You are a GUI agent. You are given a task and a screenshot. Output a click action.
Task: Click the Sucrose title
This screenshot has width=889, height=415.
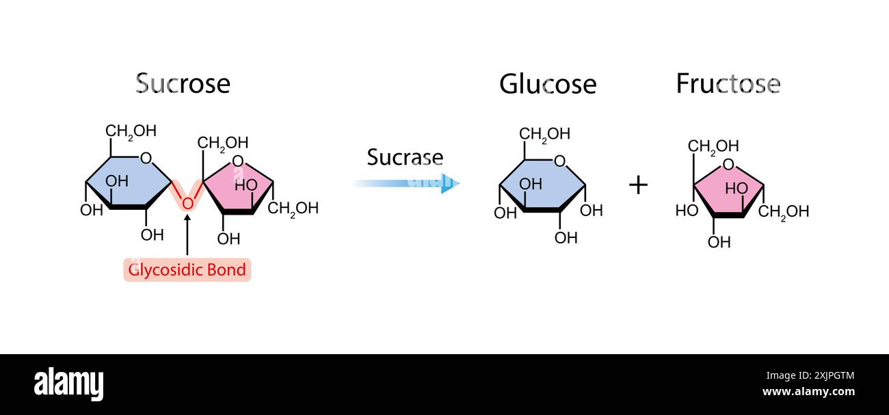click(183, 83)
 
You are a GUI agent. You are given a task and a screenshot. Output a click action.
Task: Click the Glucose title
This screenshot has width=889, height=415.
click(547, 84)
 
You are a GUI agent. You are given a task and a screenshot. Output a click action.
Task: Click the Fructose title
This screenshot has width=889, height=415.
click(728, 83)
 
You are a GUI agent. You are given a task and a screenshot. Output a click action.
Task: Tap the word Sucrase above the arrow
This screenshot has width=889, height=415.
click(405, 157)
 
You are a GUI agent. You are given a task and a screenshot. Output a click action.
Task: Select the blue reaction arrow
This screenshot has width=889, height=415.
click(406, 183)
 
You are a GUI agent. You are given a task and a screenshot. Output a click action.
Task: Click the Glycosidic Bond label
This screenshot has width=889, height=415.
click(187, 269)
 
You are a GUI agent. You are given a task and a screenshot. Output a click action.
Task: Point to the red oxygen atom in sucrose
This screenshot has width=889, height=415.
click(187, 203)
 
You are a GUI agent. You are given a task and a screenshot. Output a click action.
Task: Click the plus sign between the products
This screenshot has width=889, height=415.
click(637, 185)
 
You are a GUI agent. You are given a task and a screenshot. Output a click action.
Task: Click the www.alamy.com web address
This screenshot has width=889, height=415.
click(808, 392)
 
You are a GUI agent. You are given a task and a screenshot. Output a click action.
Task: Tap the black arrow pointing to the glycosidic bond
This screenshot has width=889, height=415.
click(187, 236)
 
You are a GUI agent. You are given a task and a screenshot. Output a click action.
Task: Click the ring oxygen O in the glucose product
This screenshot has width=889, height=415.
click(560, 161)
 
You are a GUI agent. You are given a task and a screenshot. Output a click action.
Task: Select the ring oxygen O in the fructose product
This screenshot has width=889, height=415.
click(728, 164)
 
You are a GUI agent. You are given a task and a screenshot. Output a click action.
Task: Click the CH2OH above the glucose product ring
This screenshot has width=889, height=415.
click(544, 134)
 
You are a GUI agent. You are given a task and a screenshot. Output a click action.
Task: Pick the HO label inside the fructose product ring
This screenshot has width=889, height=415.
click(737, 188)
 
